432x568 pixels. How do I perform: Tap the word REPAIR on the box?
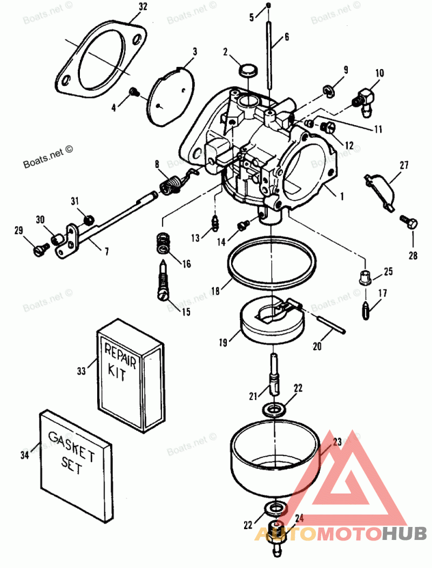click(120, 355)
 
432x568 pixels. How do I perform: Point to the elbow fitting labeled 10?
click(361, 98)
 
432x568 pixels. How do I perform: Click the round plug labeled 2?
click(248, 70)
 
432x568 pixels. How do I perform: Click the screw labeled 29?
click(40, 249)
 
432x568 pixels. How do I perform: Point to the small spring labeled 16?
click(164, 243)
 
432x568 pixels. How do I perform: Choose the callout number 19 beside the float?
click(223, 342)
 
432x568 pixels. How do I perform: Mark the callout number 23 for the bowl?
click(337, 442)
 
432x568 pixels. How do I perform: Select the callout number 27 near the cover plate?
click(404, 165)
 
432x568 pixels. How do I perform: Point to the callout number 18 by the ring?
click(215, 291)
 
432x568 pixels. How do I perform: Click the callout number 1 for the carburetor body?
click(341, 197)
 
